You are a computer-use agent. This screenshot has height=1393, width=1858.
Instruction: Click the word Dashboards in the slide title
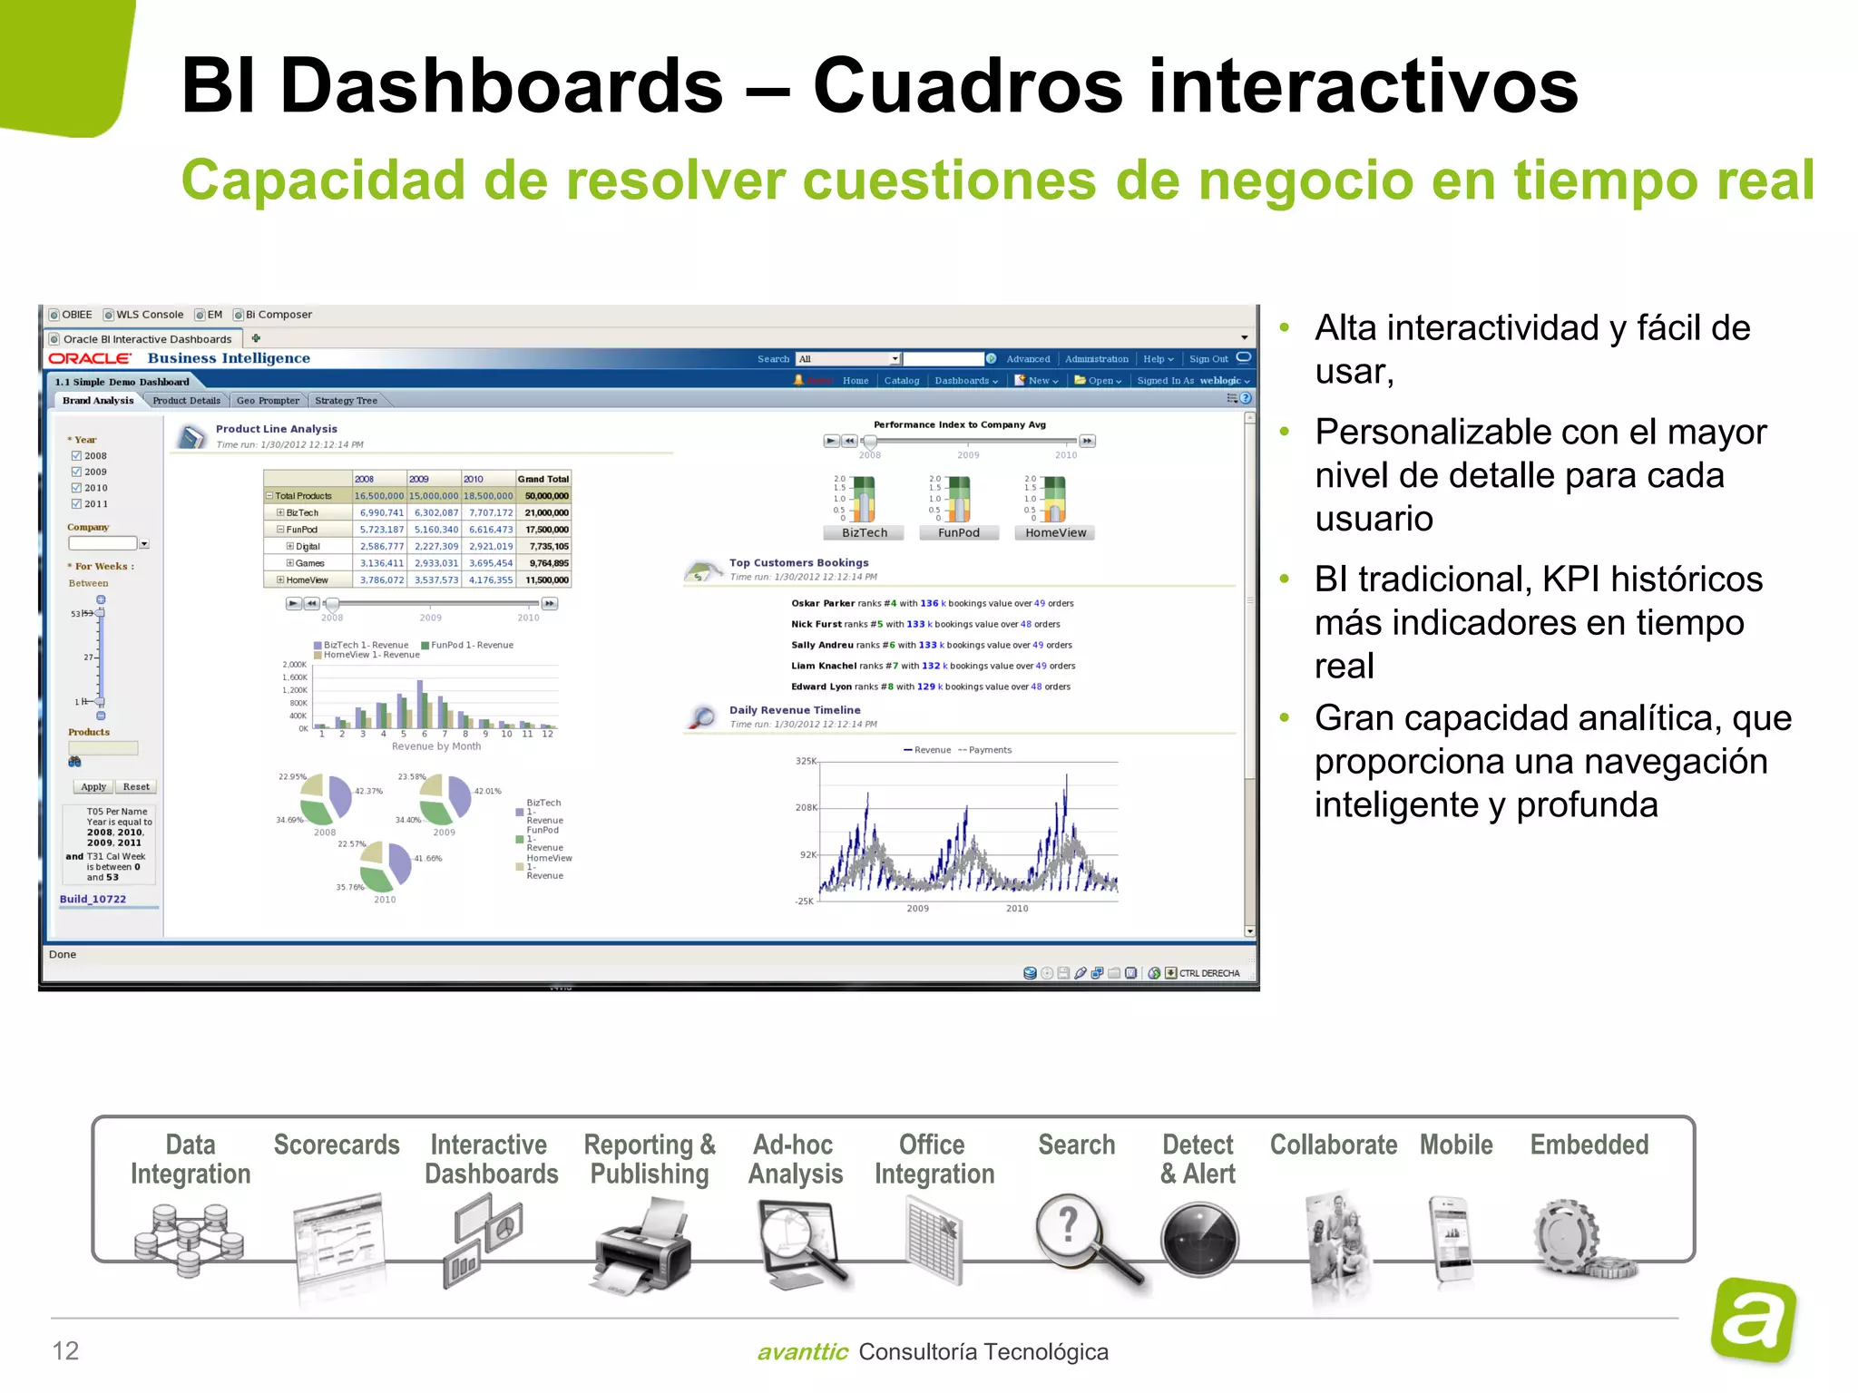pos(502,86)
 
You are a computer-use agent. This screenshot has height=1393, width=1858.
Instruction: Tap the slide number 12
pos(65,1350)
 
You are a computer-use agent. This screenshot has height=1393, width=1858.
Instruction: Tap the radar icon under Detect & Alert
pos(1198,1239)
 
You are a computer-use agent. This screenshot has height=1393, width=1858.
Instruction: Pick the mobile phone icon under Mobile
pos(1452,1239)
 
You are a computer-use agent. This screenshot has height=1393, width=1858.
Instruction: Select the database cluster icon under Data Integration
pos(189,1239)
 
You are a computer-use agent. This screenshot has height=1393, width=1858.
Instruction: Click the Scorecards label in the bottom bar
pos(337,1145)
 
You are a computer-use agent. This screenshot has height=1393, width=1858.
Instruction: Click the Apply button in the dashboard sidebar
pos(93,787)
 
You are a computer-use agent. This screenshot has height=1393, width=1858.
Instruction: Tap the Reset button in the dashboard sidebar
pos(136,787)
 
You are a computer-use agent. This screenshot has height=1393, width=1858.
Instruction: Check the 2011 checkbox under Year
pos(76,504)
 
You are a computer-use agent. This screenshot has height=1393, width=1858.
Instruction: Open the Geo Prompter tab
pos(268,401)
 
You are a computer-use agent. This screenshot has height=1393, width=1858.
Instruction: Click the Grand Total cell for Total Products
pos(546,496)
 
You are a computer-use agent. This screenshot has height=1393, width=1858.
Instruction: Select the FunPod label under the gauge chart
pos(959,533)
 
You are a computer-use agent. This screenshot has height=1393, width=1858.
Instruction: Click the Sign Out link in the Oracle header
pos(1208,359)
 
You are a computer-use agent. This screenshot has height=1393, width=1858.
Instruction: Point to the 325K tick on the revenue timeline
pos(806,761)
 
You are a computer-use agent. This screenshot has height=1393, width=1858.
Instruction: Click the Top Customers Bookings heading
pos(798,563)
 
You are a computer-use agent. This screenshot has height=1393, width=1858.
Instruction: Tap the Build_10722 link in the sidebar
pos(93,900)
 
